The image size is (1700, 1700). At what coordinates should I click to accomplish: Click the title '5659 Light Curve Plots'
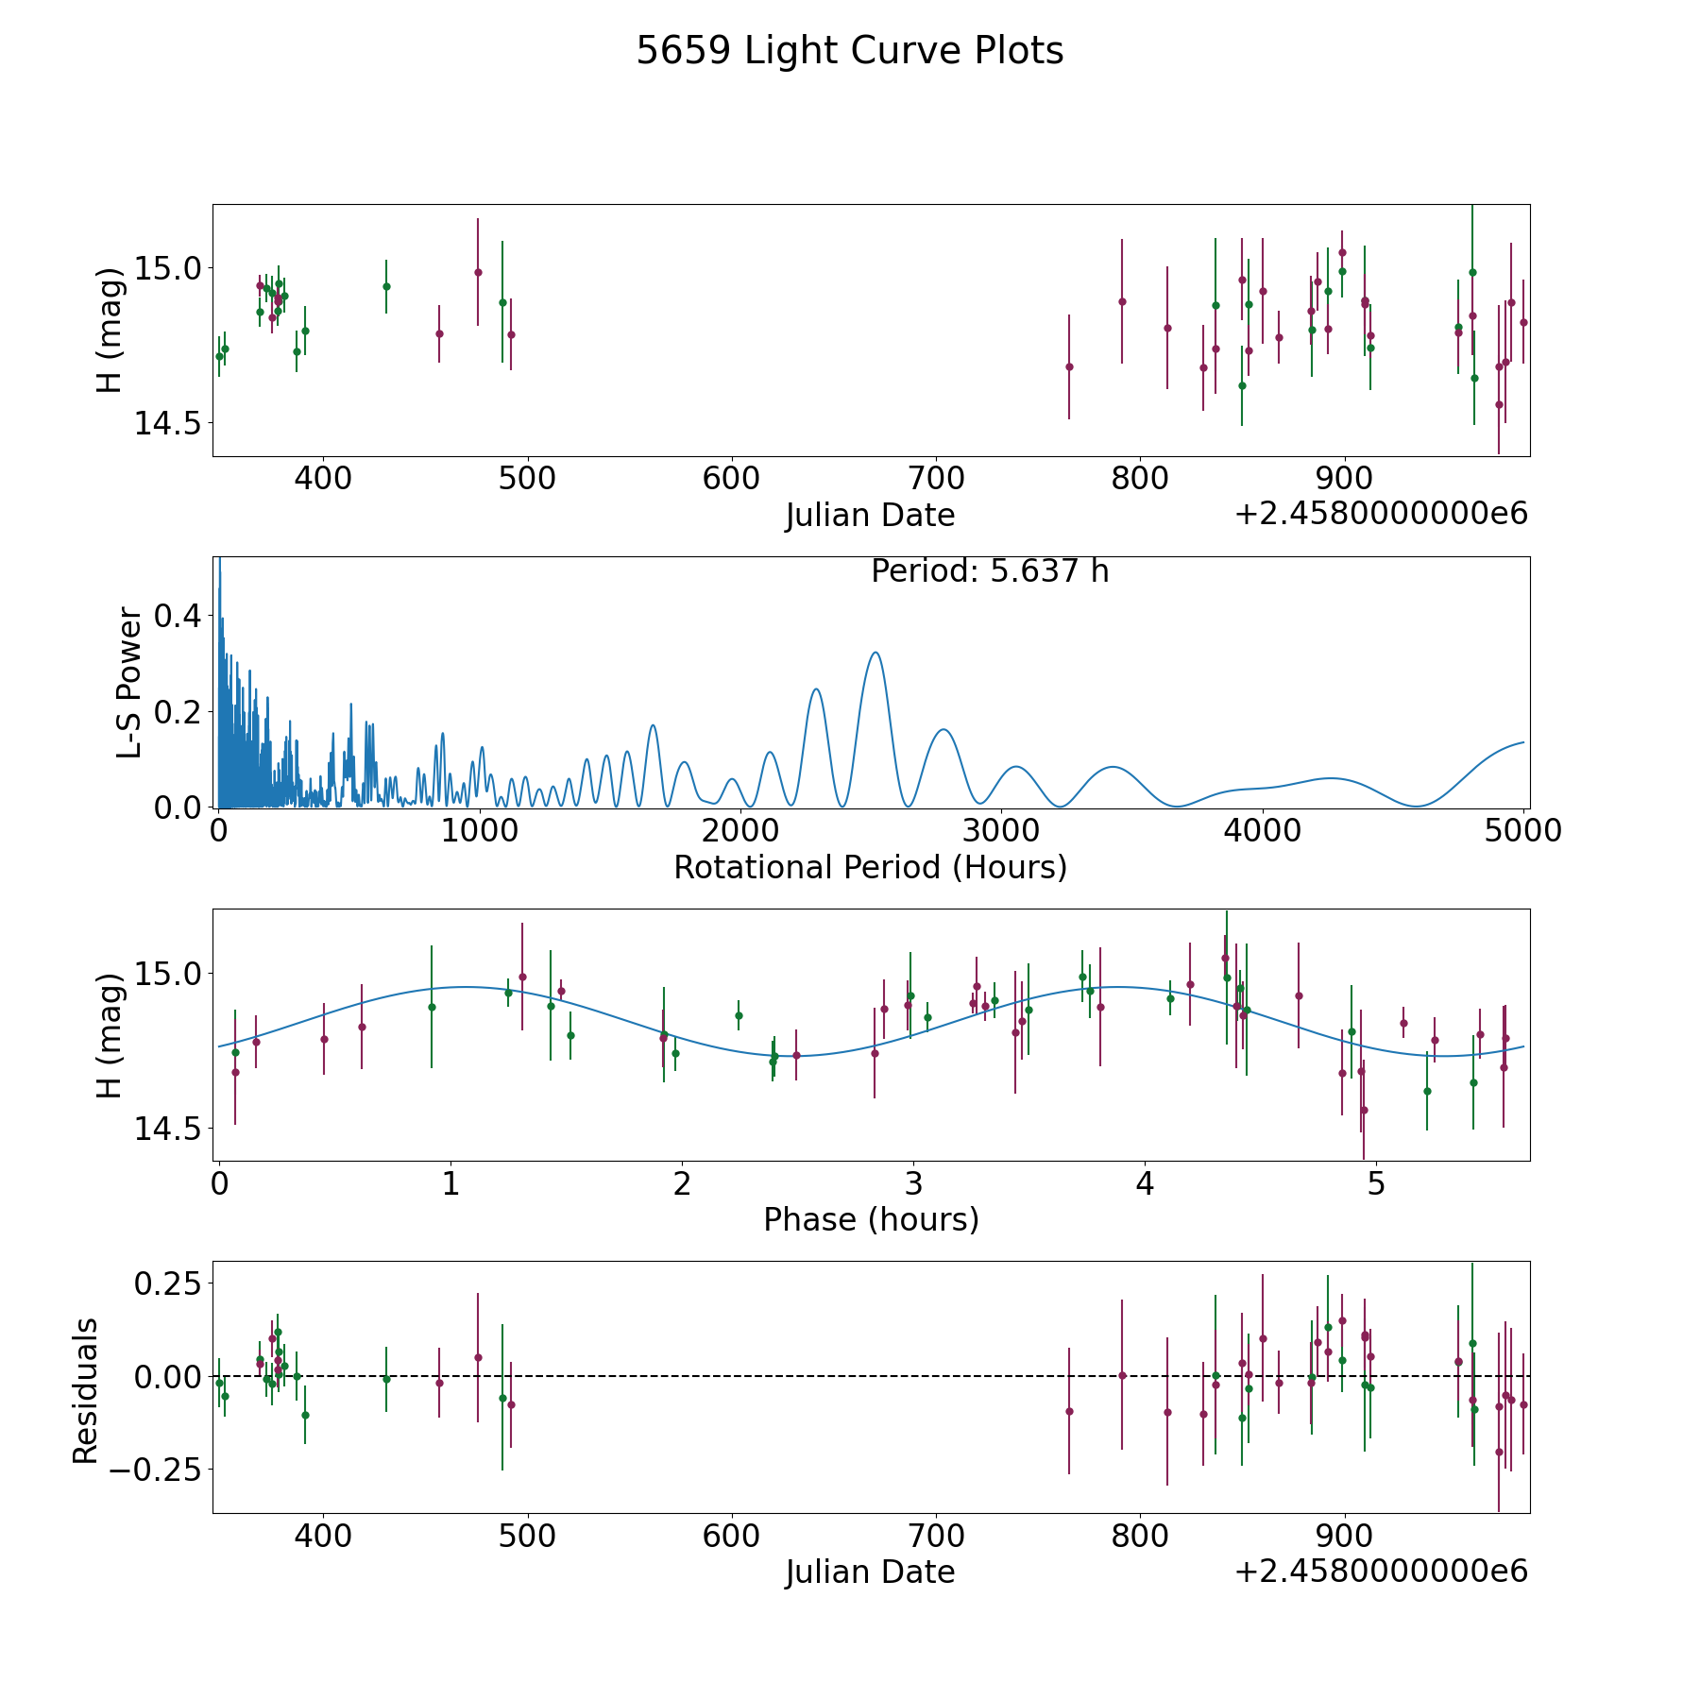click(x=850, y=51)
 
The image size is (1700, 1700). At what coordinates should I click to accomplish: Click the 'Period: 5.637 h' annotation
click(x=990, y=571)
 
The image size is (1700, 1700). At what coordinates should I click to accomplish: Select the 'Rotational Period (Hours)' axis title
click(x=870, y=867)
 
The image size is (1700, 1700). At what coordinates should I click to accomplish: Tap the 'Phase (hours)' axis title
click(x=871, y=1219)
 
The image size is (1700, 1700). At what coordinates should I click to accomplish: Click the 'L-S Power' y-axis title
click(x=129, y=683)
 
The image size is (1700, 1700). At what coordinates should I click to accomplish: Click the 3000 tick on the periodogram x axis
click(x=1001, y=830)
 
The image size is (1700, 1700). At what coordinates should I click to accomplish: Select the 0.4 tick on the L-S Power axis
click(x=178, y=616)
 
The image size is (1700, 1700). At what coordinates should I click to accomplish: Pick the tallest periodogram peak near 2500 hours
click(x=875, y=653)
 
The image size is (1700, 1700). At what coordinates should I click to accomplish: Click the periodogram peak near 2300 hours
click(x=816, y=689)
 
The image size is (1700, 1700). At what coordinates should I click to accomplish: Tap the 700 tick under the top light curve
click(x=936, y=479)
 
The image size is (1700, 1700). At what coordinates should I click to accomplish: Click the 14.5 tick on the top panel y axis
click(x=168, y=423)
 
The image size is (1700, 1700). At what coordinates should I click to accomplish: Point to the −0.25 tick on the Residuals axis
click(x=155, y=1470)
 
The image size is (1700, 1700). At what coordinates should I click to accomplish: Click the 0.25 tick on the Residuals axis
click(x=168, y=1284)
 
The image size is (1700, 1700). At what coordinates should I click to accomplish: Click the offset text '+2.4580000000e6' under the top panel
click(x=1381, y=514)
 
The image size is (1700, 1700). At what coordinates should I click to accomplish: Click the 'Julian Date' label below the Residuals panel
click(x=870, y=1572)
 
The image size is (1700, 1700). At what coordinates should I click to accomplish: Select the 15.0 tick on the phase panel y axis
click(x=168, y=973)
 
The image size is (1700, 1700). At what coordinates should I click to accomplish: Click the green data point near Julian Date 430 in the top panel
click(x=386, y=286)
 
